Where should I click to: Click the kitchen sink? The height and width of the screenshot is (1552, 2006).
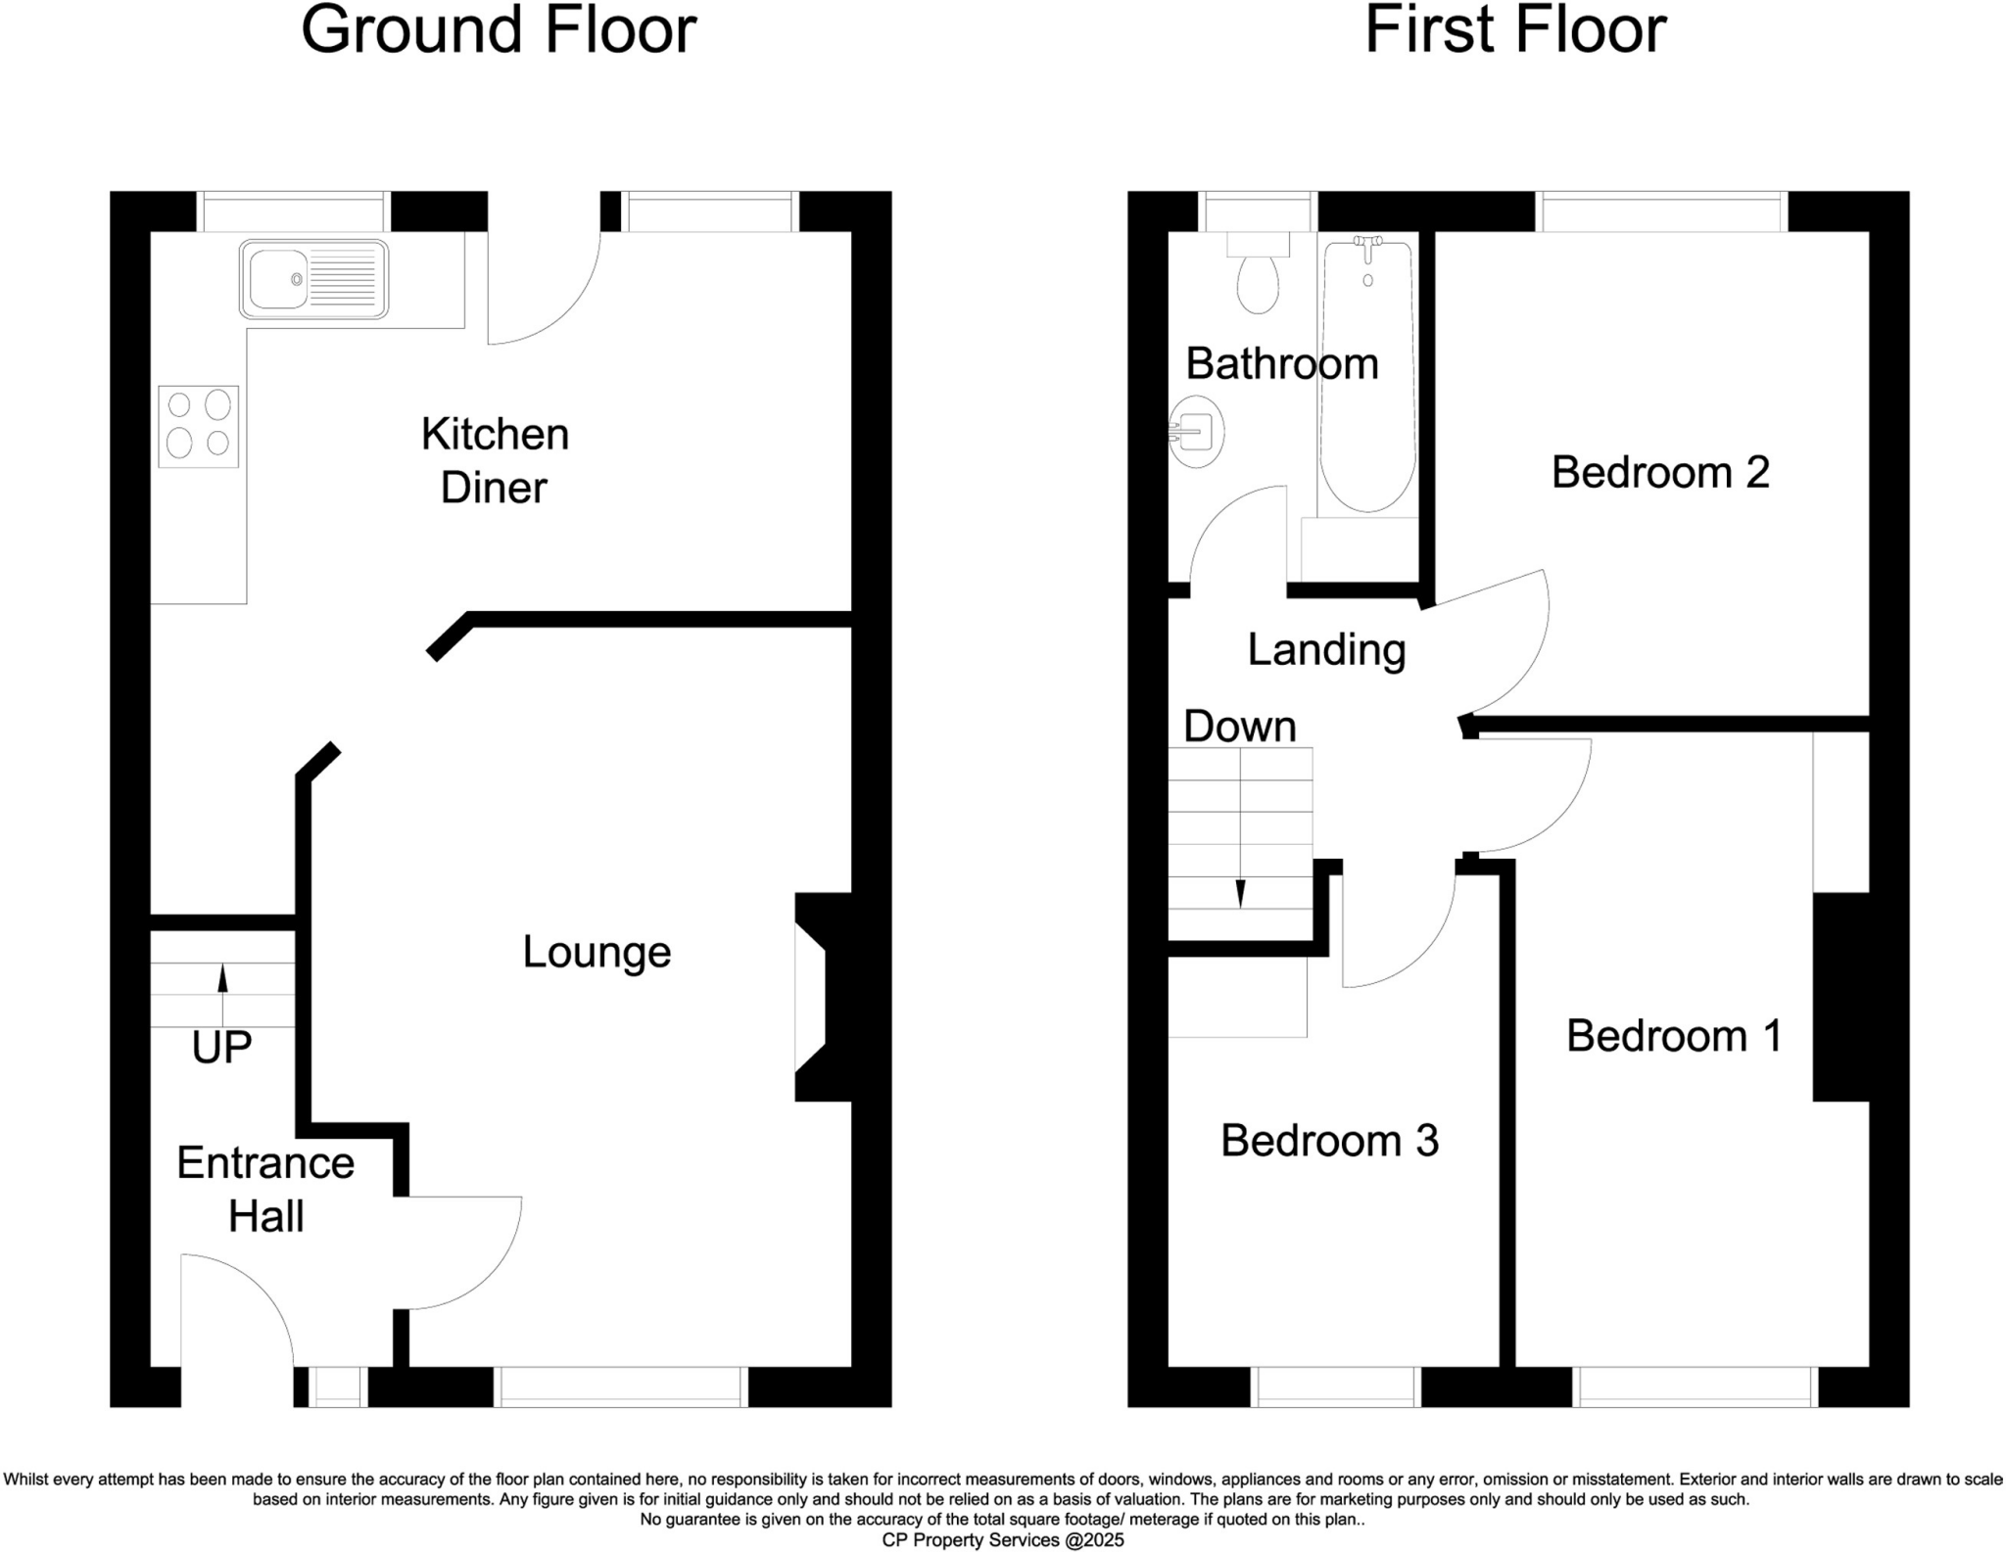click(313, 279)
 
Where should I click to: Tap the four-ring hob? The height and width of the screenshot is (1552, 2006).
click(199, 426)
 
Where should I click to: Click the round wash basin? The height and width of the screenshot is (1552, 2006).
click(1197, 431)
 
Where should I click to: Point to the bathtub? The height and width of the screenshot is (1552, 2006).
click(1367, 377)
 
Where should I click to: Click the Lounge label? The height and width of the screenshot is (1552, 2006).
click(597, 952)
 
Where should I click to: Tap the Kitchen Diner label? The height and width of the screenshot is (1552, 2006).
click(495, 460)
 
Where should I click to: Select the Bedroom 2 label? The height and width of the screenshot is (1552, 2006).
click(1660, 473)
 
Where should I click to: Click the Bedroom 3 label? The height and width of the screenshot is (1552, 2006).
click(1329, 1141)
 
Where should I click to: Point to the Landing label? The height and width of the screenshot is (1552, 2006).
click(1326, 650)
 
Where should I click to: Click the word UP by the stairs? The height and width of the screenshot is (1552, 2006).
click(221, 1048)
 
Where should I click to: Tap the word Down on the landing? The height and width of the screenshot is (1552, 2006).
click(1239, 727)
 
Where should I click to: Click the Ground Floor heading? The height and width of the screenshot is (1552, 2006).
click(499, 30)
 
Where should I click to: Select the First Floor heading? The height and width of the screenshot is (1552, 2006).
click(1515, 30)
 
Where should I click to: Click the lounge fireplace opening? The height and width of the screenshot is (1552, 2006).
click(811, 997)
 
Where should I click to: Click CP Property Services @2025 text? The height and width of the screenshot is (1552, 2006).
click(1003, 1540)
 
